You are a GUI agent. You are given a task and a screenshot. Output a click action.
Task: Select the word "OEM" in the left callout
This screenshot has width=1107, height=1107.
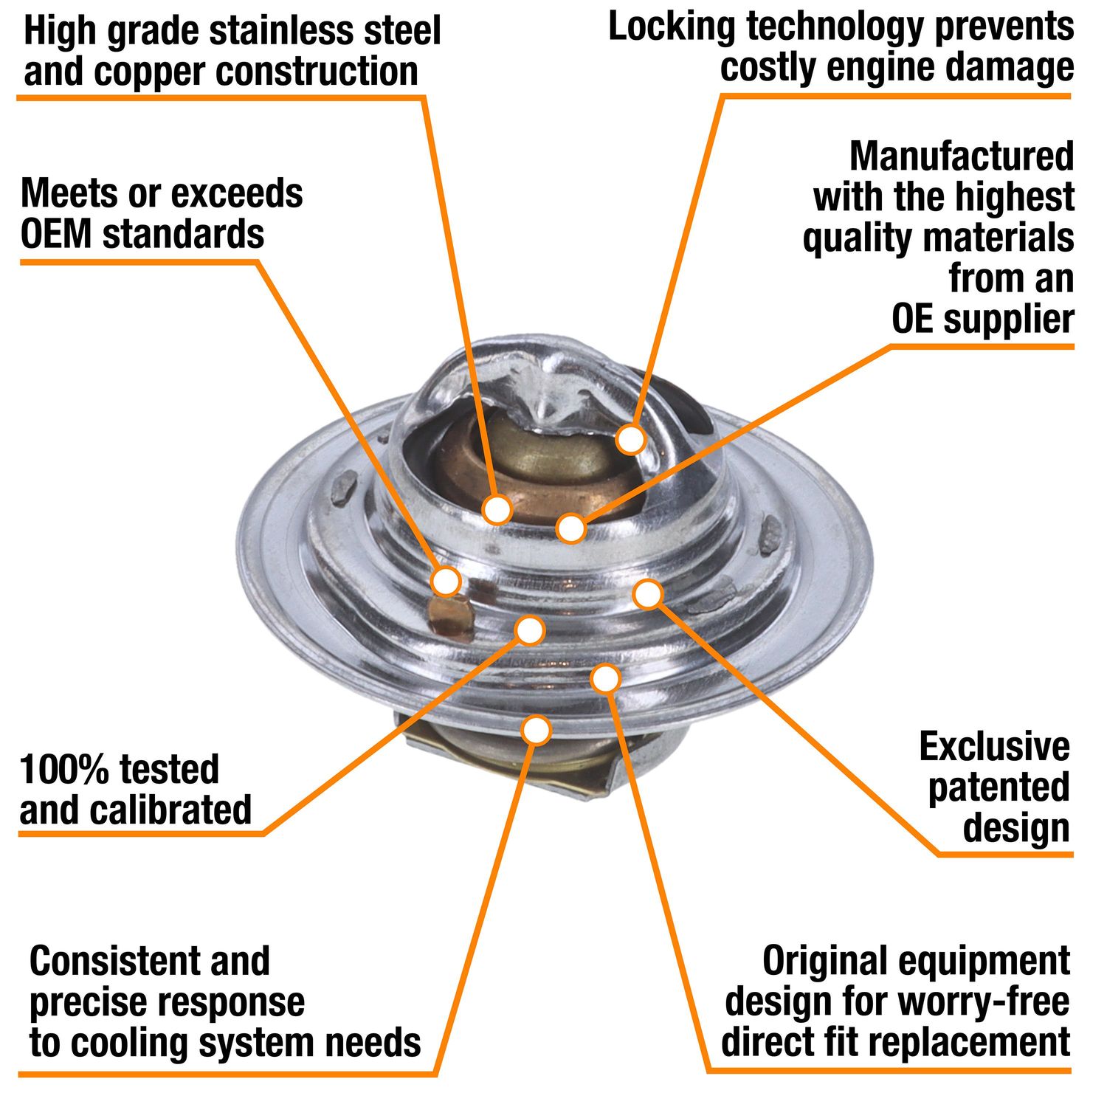pos(56,234)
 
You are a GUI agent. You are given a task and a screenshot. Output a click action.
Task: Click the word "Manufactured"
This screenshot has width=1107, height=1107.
pos(961,156)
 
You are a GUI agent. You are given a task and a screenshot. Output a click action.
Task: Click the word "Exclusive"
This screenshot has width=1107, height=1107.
pos(994,747)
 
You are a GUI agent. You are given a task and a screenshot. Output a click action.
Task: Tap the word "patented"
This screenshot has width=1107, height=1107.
pos(998,787)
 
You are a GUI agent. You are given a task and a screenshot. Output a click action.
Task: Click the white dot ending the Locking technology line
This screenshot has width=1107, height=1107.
pos(630,438)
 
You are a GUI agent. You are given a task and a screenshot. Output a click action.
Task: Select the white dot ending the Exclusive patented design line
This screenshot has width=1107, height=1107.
pos(647,594)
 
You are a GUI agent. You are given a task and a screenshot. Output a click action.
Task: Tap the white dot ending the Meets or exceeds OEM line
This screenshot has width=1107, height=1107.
pos(446,581)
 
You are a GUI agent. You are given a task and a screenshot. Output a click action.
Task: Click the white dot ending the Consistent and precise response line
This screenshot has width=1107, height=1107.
pos(537,730)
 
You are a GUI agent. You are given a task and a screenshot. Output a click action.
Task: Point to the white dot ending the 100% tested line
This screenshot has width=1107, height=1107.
pos(529,630)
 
